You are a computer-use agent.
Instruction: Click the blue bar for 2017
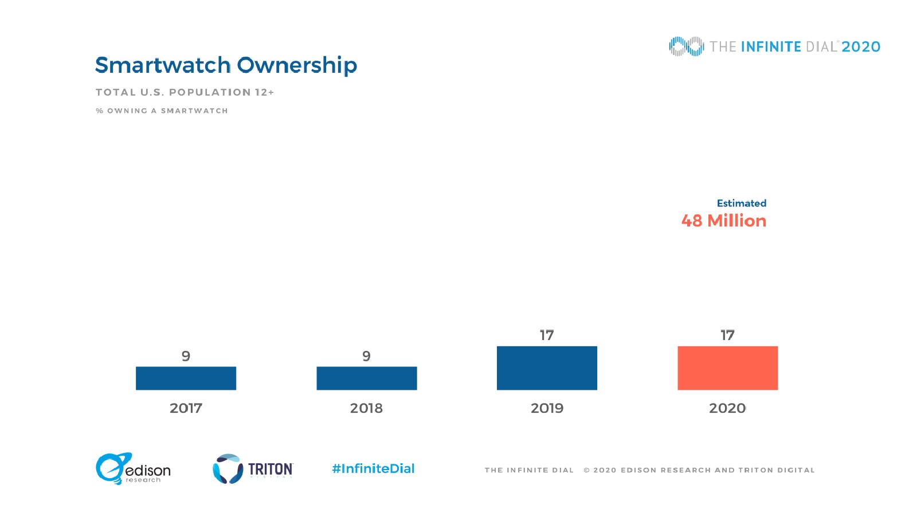coord(186,378)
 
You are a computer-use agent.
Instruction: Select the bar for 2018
coord(367,378)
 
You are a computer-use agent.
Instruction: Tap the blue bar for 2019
coord(547,368)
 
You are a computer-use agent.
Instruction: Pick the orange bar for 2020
coord(727,368)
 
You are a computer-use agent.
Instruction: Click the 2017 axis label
coord(186,408)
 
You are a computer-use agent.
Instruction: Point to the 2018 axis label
coord(366,408)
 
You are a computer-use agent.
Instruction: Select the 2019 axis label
coord(547,408)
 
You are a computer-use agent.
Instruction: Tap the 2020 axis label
coord(727,408)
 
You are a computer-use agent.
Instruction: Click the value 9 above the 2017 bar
coord(186,356)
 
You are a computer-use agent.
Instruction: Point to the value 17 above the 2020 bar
coord(727,335)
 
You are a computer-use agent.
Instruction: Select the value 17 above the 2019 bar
coord(547,335)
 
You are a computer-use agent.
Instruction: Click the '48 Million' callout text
coord(723,221)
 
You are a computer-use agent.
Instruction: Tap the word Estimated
coord(741,203)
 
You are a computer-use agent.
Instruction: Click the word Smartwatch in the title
coord(163,65)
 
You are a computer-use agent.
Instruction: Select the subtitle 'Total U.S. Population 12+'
coord(185,92)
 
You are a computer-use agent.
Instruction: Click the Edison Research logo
coord(133,469)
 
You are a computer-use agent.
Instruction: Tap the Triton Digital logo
coord(253,469)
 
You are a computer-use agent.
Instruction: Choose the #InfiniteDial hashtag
coord(373,469)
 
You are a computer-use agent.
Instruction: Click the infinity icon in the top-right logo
coord(686,46)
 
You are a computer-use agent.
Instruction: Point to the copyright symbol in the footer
coord(586,470)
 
